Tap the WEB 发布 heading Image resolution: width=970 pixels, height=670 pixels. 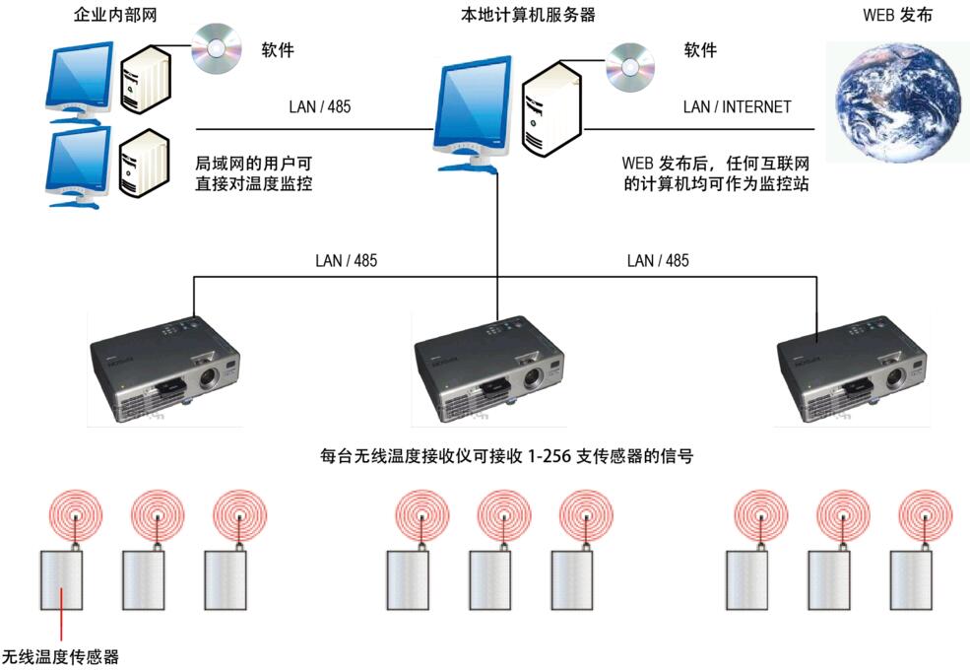click(897, 15)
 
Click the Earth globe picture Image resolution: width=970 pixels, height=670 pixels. click(897, 101)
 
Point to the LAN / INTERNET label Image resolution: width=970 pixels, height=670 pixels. click(737, 106)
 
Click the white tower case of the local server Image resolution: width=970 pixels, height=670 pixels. click(552, 110)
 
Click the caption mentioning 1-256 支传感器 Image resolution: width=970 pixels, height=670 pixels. click(506, 455)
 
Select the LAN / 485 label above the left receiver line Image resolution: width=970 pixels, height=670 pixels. click(346, 261)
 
